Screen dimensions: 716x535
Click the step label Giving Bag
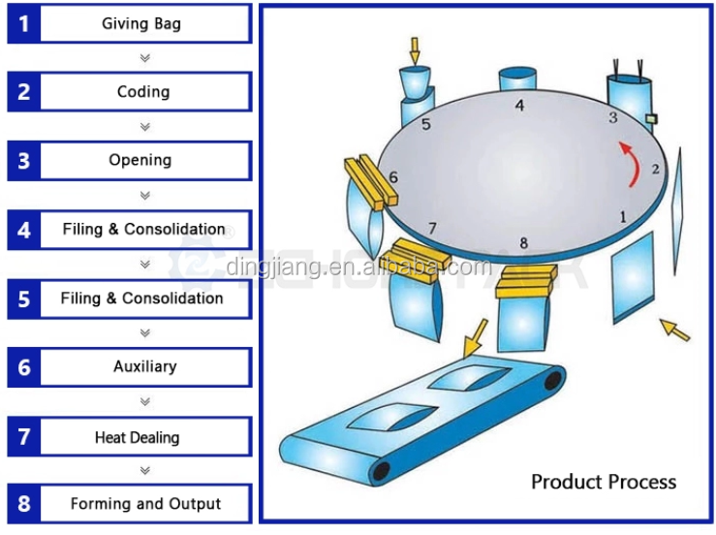click(141, 23)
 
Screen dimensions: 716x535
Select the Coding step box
click(130, 91)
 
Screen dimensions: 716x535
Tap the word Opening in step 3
click(140, 160)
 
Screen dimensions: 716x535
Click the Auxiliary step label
click(144, 366)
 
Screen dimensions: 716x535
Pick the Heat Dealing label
click(137, 437)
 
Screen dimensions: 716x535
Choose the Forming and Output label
click(145, 503)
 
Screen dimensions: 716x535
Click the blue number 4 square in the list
click(24, 230)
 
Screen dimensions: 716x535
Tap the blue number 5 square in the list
click(24, 299)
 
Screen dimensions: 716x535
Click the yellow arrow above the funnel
click(414, 51)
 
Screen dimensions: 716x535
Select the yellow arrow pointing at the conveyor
click(474, 338)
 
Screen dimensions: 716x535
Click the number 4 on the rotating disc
click(519, 106)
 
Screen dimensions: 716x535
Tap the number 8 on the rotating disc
click(524, 243)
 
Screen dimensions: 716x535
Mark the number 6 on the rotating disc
click(393, 177)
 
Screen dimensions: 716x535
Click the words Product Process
click(604, 482)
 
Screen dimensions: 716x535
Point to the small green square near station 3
click(652, 119)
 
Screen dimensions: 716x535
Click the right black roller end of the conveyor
click(552, 380)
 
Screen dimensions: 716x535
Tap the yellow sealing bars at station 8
click(526, 281)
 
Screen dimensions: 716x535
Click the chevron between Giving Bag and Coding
click(145, 58)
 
